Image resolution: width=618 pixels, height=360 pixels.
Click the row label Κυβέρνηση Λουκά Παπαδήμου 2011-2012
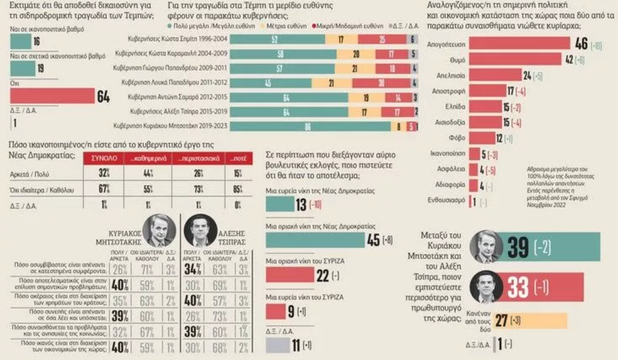pyautogui.click(x=184, y=82)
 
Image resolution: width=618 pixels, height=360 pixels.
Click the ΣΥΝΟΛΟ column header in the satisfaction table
pyautogui.click(x=104, y=159)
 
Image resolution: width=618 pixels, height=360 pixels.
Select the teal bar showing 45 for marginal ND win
pyautogui.click(x=315, y=240)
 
